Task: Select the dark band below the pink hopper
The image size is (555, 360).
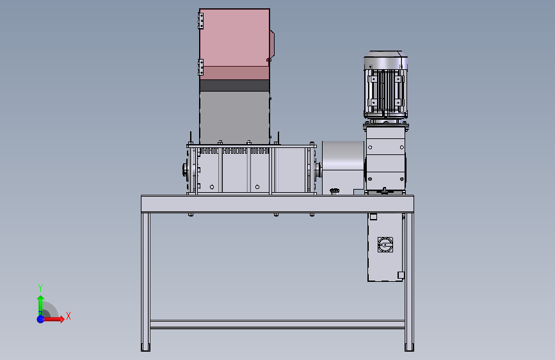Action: coord(234,85)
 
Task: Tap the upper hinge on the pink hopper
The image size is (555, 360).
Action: coord(201,21)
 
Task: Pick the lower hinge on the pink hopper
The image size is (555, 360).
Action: coord(201,67)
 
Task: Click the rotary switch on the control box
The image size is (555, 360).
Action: coord(385,245)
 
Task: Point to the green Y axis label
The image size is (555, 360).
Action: coord(40,288)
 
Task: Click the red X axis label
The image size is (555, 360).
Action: coord(68,316)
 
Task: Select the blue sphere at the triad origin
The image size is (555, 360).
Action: coord(41,319)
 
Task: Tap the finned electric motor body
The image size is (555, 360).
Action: coord(386,85)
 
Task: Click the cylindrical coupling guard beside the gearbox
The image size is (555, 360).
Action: coord(343,167)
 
